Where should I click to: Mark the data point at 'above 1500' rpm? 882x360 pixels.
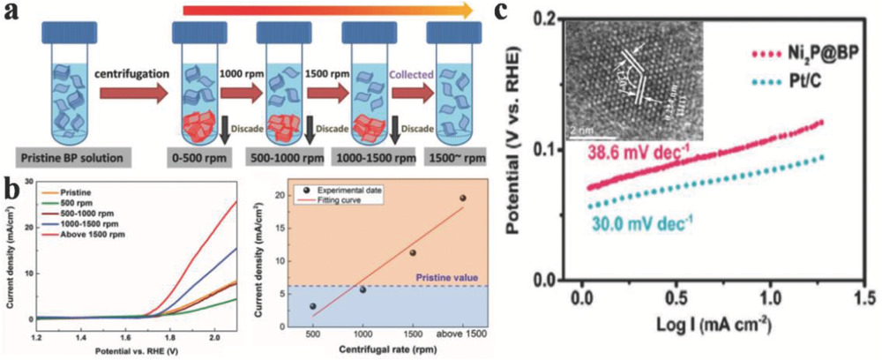(461, 198)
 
